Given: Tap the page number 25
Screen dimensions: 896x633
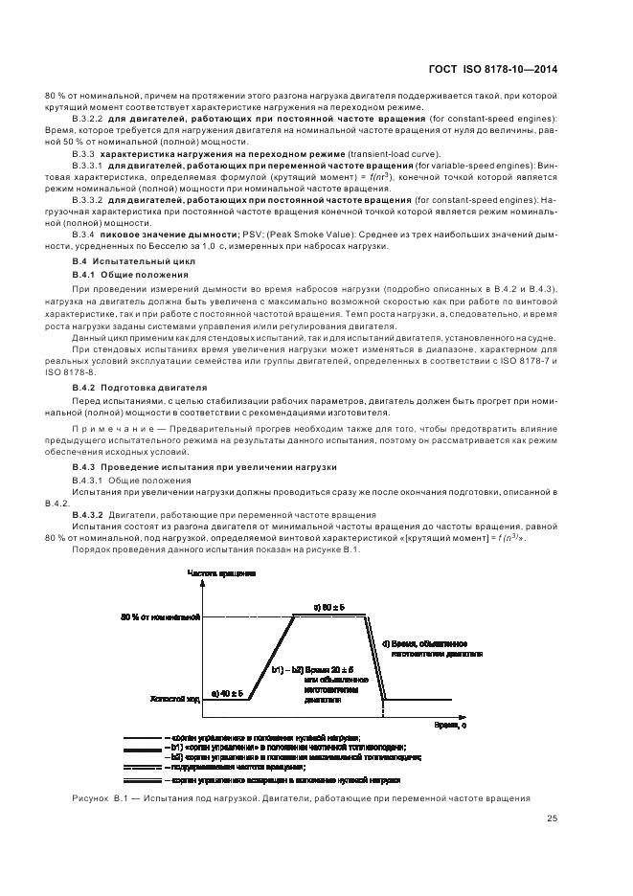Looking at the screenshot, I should pos(552,818).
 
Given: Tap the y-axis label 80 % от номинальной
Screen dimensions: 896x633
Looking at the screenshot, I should pos(160,616).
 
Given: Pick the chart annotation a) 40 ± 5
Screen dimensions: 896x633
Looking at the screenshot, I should pos(226,691).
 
